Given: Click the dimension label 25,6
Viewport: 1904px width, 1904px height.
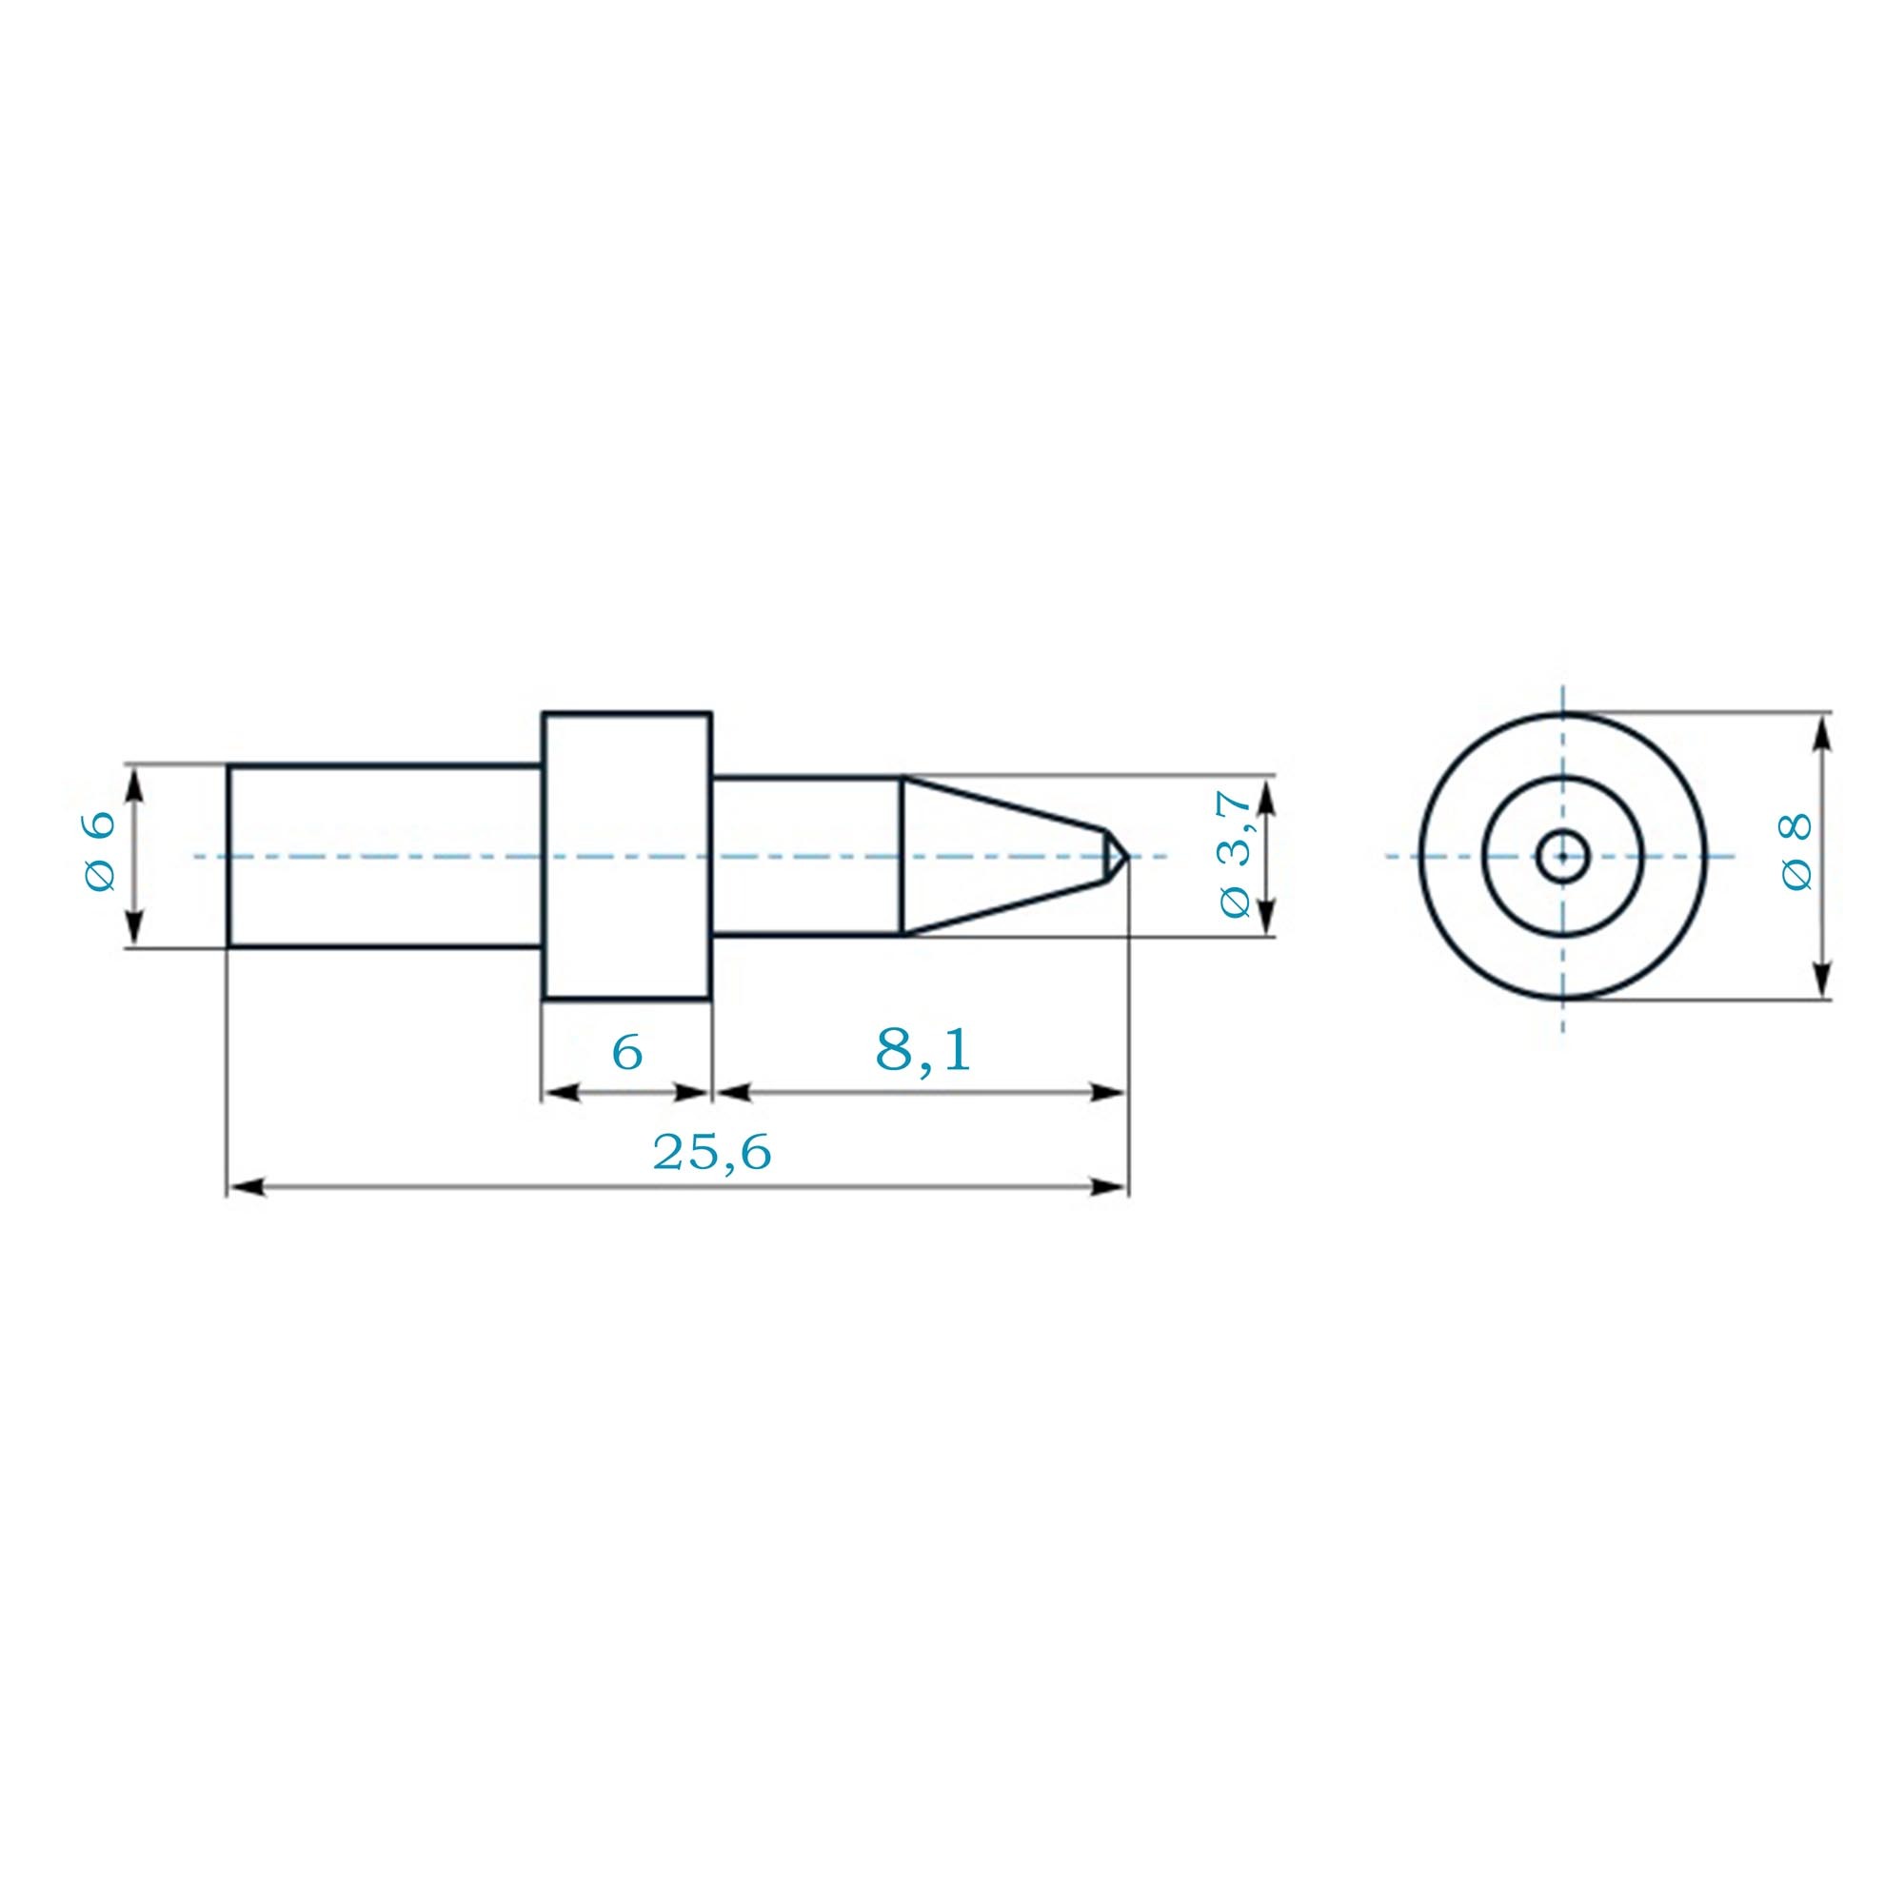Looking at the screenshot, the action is [711, 1152].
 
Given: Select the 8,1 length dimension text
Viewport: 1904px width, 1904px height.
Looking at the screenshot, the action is [922, 1051].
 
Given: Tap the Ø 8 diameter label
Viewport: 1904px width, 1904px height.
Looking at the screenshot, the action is [1796, 853].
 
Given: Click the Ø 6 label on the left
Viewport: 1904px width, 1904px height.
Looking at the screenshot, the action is [101, 851].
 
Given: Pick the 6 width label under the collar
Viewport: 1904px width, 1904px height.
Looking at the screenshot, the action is [626, 1053].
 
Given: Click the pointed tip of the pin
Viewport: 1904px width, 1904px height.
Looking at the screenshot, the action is [1126, 856].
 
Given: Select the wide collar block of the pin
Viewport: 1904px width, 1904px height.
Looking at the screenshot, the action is [626, 856].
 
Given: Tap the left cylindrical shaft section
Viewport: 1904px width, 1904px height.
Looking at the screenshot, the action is [386, 856].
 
